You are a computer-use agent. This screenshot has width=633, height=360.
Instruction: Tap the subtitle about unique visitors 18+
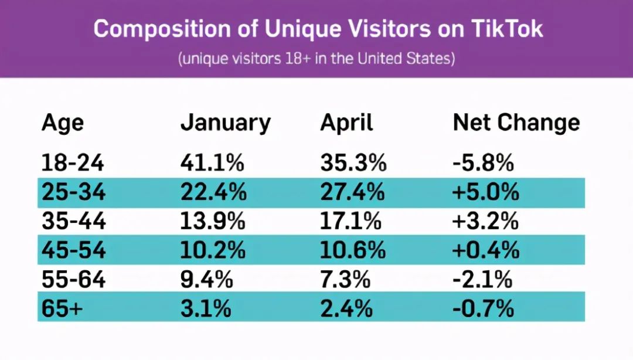tap(316, 59)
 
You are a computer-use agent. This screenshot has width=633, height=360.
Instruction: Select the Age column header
tap(63, 123)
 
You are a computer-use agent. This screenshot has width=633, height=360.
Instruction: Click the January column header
tap(226, 123)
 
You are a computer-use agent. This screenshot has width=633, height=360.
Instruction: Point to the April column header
tap(346, 123)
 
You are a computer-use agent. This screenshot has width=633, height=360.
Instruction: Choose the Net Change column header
tap(516, 123)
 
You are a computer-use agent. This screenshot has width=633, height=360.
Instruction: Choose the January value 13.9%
tap(213, 222)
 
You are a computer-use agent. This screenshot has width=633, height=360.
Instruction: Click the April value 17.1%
tap(351, 222)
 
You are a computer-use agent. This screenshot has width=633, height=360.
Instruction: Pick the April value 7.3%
tap(345, 279)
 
